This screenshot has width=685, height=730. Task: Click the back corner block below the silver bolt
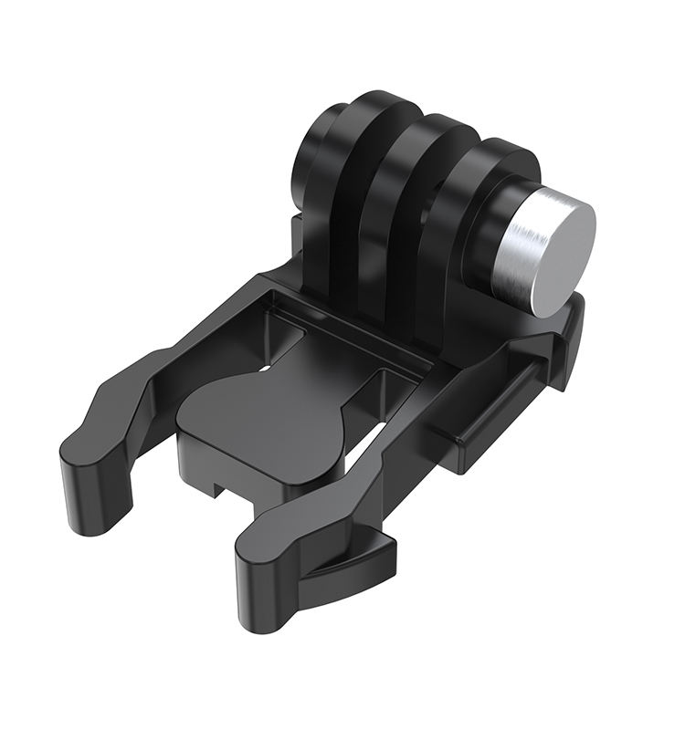click(x=566, y=338)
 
